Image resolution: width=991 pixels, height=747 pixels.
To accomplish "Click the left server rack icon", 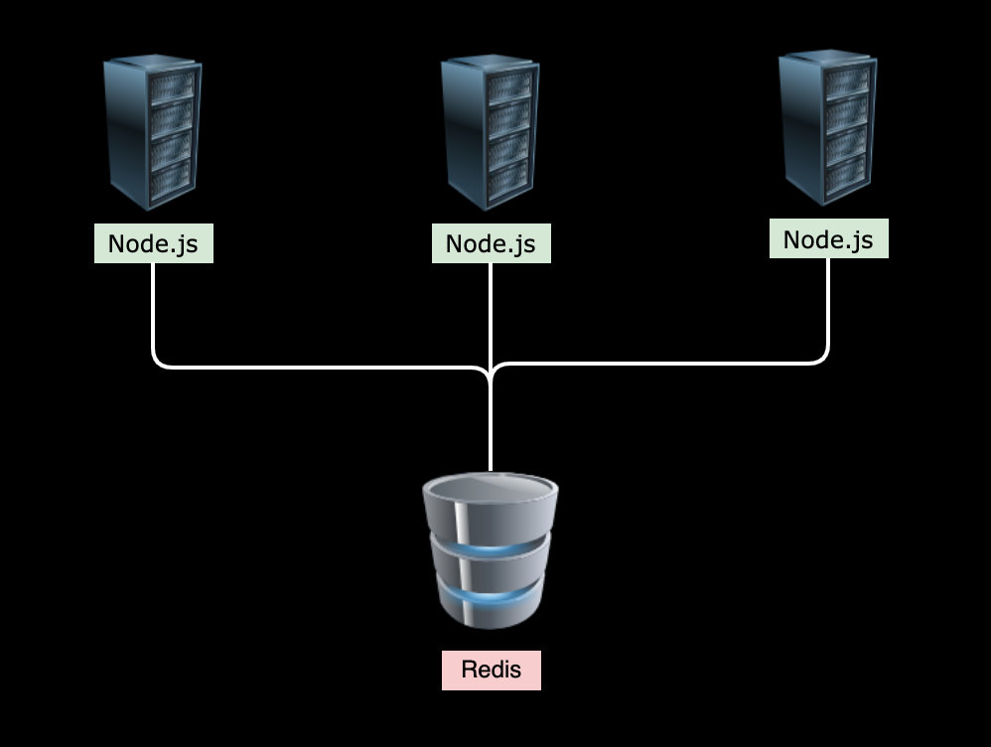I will (x=152, y=133).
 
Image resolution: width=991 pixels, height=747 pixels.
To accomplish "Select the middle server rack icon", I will (x=490, y=133).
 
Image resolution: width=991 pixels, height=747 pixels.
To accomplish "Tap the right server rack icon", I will (x=827, y=129).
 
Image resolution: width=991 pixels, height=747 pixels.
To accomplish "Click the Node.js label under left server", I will (x=153, y=243).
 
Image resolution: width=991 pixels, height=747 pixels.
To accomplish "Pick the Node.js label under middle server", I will (x=491, y=243).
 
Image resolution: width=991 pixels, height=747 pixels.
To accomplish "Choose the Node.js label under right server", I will (x=828, y=239).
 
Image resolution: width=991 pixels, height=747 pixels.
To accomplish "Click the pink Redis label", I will (x=492, y=670).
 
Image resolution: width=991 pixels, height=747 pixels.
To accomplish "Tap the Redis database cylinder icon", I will (x=491, y=551).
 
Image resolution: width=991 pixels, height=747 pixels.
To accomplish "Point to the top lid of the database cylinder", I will (x=491, y=488).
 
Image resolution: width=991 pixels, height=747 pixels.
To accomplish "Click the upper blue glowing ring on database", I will (x=491, y=546).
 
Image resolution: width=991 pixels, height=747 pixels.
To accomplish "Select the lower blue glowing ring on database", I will (x=491, y=597).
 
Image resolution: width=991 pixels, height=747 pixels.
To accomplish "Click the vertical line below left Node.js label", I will (x=153, y=308).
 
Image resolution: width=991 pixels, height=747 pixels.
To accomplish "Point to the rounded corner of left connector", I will (x=158, y=362).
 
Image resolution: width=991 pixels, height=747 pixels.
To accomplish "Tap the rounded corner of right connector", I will (x=823, y=358).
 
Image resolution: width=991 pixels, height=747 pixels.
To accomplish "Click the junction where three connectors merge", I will (x=491, y=373).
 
